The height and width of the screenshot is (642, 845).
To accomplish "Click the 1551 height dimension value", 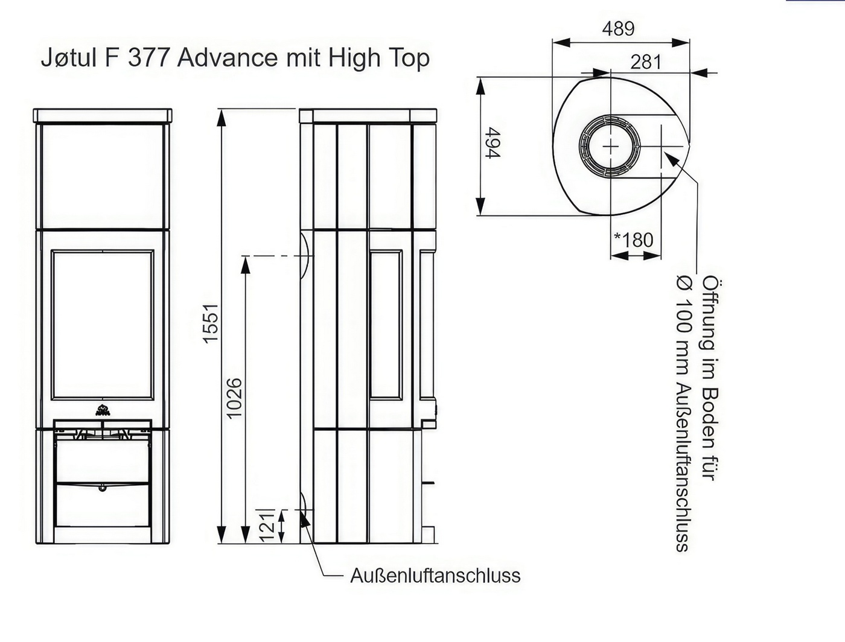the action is tap(211, 323).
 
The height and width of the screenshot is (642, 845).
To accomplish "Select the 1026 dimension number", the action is tap(234, 398).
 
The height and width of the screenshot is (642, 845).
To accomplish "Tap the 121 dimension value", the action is tap(267, 527).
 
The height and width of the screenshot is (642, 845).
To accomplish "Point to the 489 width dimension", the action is tap(618, 28).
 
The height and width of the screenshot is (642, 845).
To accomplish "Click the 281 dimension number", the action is tap(646, 62).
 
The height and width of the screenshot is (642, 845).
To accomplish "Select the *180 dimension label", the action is tap(634, 240).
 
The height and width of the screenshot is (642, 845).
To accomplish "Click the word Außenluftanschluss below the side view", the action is tap(435, 576).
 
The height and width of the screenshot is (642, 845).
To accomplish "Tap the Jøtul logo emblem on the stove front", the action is tap(103, 410).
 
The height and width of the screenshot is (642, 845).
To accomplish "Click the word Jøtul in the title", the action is tap(69, 58).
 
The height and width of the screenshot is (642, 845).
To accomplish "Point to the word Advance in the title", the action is tap(227, 58).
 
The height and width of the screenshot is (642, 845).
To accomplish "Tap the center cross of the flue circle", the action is tap(610, 147).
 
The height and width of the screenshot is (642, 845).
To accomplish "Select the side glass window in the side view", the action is tap(386, 324).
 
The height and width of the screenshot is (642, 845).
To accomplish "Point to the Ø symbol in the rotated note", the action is tap(684, 283).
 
